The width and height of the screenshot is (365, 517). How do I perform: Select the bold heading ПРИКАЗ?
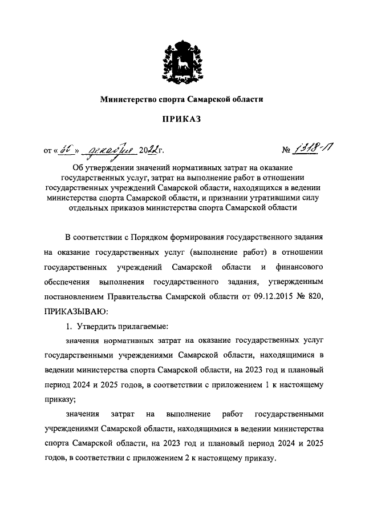coord(182,119)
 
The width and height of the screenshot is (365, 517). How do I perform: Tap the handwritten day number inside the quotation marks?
coord(65,150)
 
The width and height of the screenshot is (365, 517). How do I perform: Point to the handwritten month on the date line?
coord(107,150)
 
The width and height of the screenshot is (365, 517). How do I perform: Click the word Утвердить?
coord(95,326)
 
